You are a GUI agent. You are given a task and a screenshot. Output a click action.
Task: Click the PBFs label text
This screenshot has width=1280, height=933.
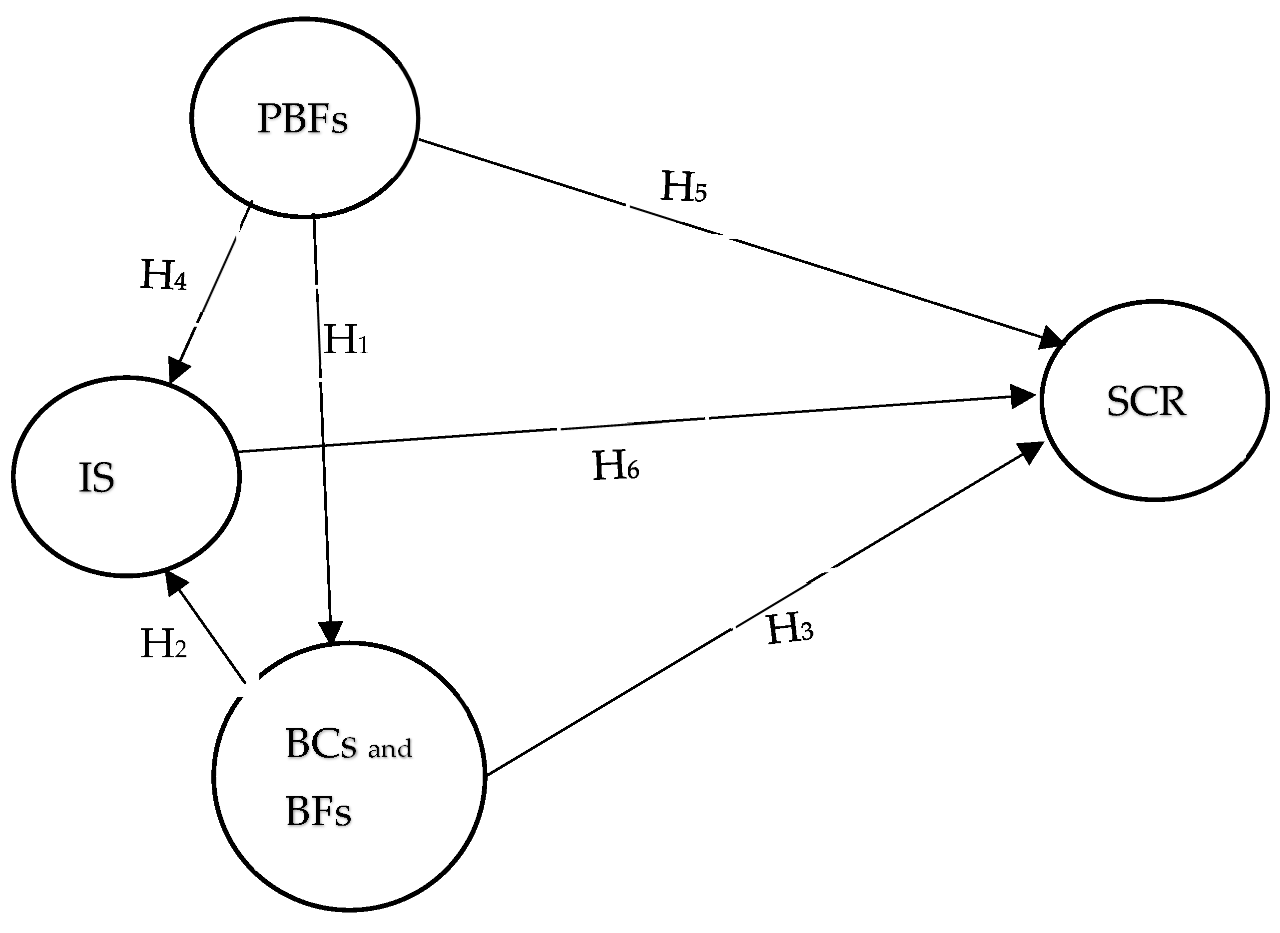302,118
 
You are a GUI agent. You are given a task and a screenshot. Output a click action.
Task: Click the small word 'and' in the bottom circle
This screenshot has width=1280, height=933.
390,749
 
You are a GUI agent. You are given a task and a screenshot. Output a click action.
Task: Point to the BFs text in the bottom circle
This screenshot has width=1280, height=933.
319,812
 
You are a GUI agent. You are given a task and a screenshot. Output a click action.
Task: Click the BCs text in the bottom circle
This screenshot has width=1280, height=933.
321,744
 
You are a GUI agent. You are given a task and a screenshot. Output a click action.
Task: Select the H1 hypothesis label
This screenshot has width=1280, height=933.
346,340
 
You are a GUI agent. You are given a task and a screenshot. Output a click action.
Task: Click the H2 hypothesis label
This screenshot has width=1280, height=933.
163,644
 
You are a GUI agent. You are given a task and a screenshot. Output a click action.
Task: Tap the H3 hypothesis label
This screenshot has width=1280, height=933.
790,629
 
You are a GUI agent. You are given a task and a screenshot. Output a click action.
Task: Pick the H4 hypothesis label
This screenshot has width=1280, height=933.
163,276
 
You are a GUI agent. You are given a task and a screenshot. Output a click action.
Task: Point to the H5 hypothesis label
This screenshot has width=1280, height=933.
683,187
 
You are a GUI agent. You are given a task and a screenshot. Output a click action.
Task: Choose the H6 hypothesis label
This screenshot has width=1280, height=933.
616,466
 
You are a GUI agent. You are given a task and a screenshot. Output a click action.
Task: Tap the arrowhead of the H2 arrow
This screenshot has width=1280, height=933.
176,584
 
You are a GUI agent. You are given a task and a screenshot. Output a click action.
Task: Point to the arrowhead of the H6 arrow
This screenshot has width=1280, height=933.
1022,397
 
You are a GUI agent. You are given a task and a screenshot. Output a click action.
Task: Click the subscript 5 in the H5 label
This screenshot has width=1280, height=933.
700,193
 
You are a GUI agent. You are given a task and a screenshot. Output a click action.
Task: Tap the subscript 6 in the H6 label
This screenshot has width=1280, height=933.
632,471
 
